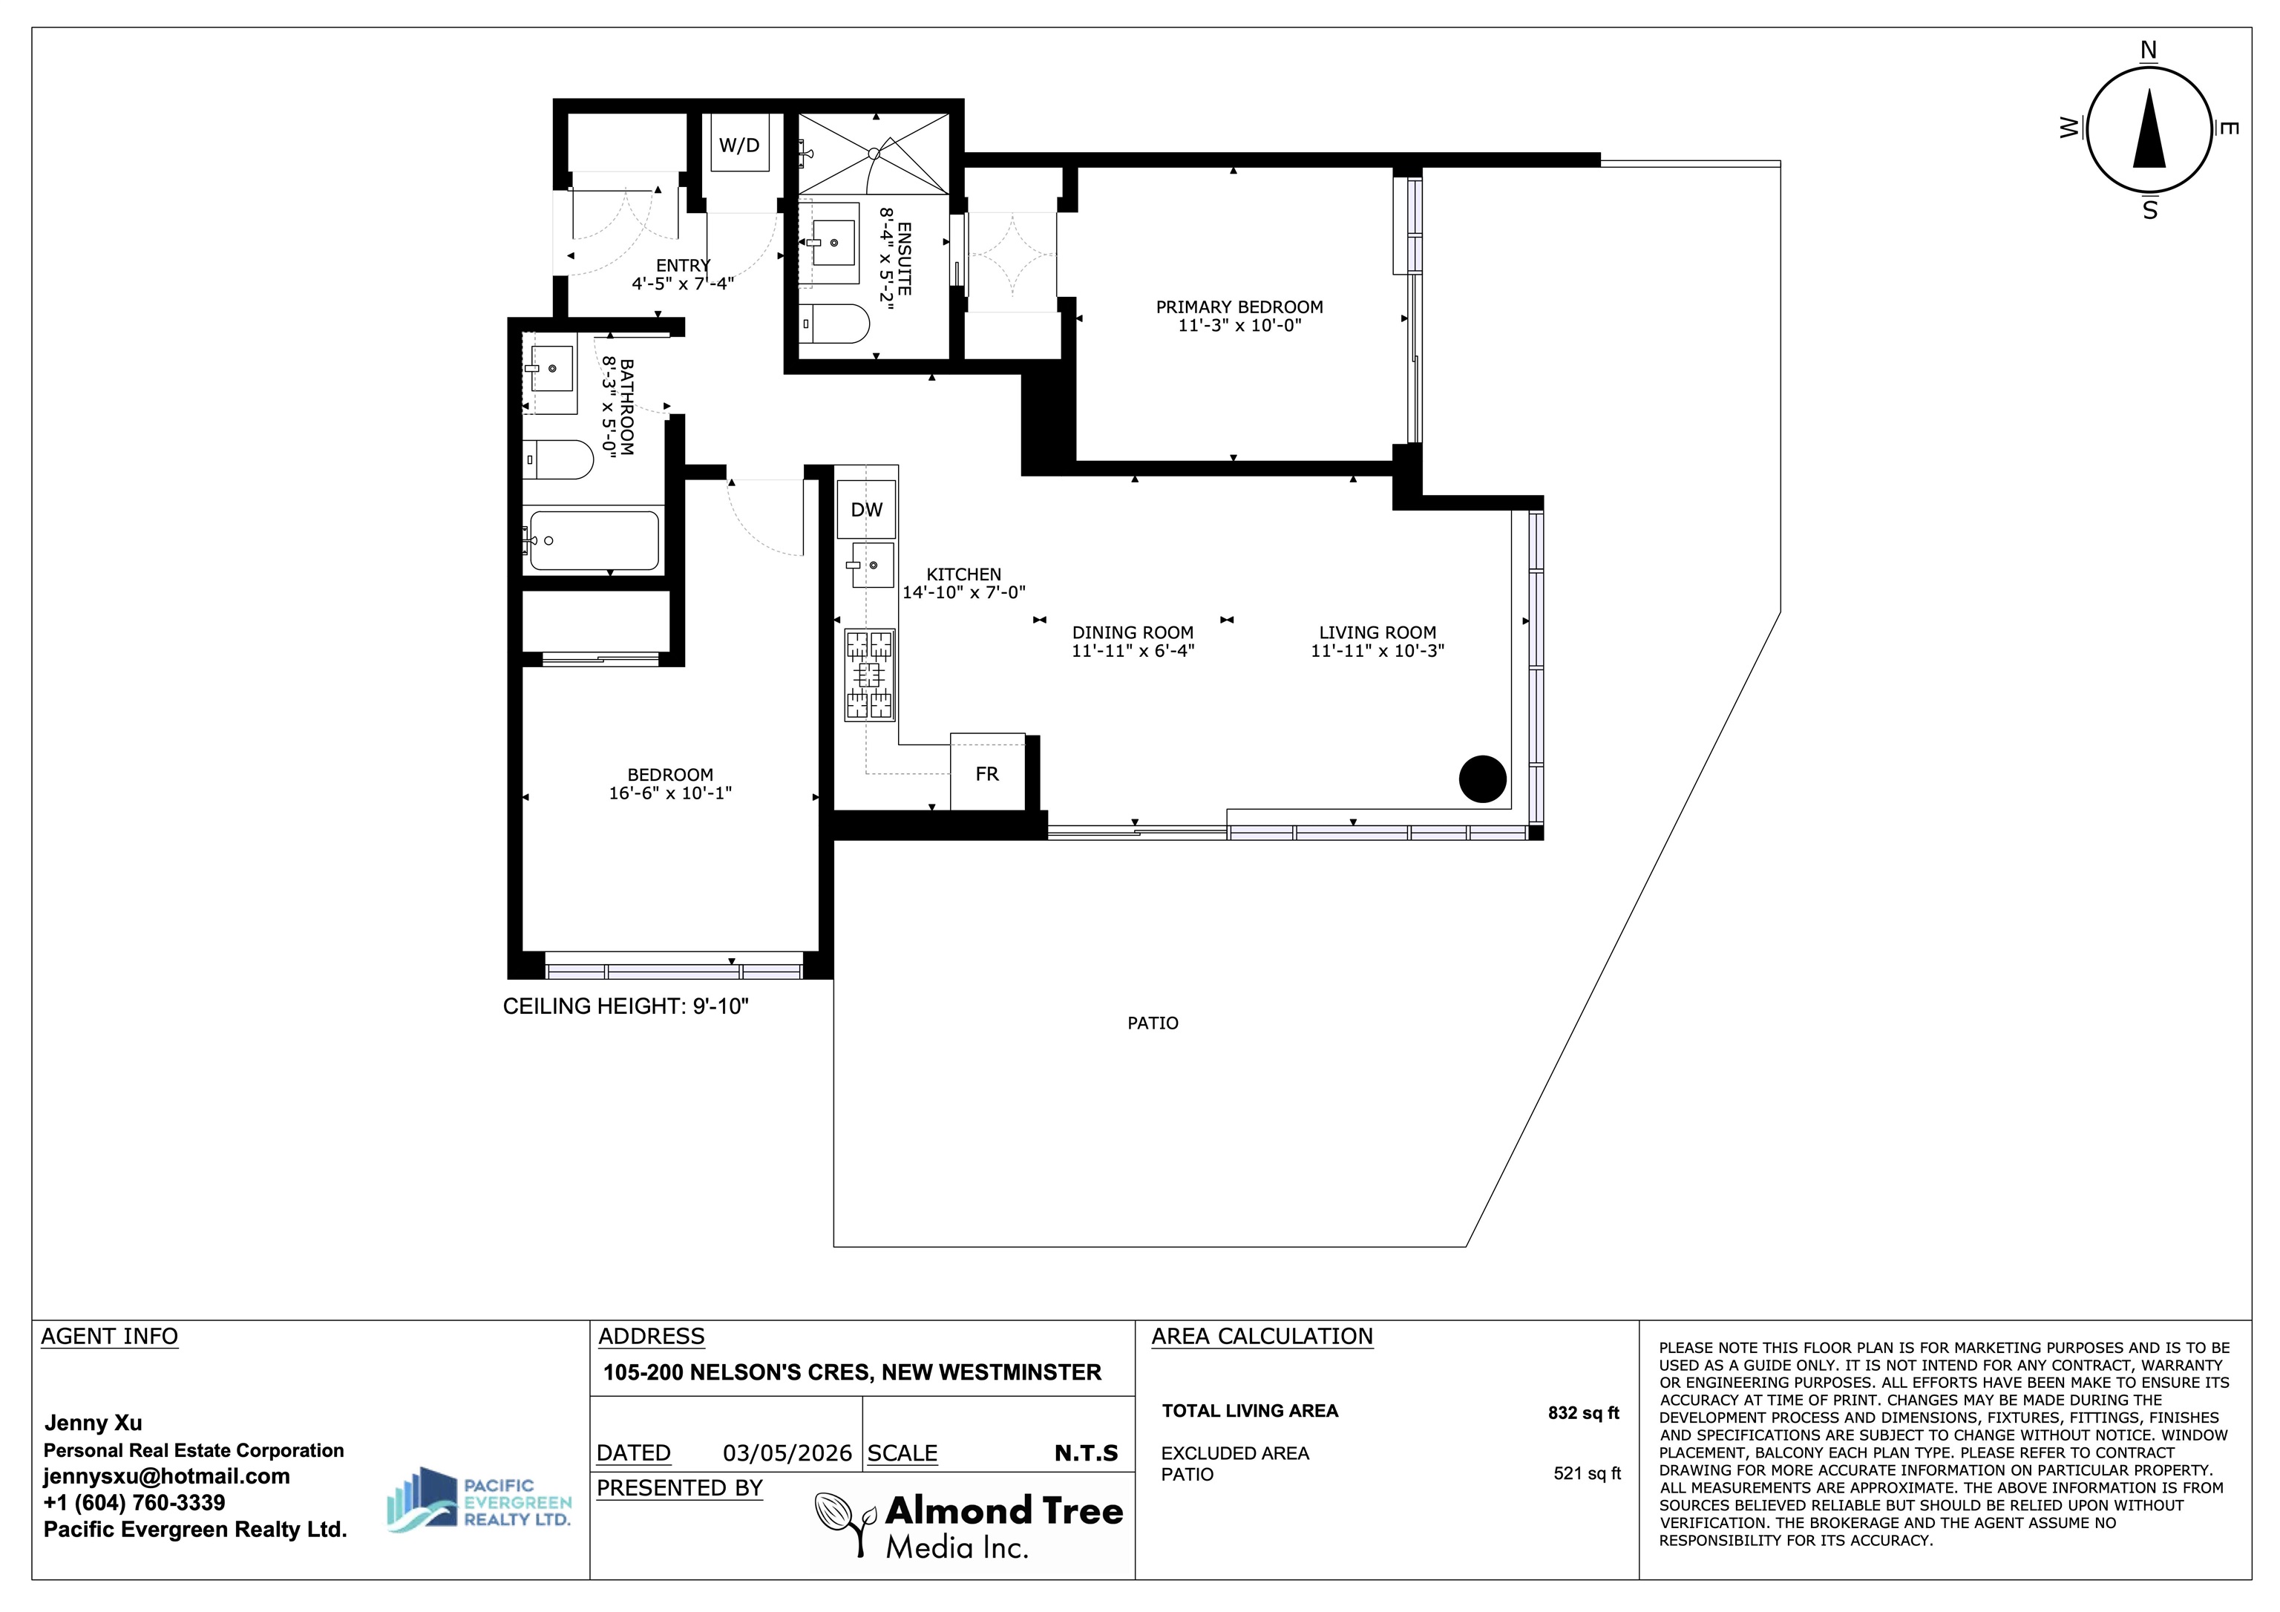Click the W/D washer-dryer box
(740, 145)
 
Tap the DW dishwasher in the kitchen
(867, 510)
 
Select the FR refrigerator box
(987, 773)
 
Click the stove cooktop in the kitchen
(869, 675)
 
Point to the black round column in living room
(1483, 779)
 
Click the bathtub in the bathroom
(594, 540)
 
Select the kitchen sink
(870, 565)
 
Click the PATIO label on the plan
(1153, 1023)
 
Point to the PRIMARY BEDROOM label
(1239, 307)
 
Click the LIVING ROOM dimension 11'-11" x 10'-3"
(1377, 651)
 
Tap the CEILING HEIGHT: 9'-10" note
(626, 1006)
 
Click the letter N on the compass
(2149, 50)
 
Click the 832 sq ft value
(1584, 1412)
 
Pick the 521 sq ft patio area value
(1587, 1473)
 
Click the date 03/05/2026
(787, 1453)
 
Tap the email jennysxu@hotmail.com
(167, 1476)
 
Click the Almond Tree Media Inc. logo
(969, 1527)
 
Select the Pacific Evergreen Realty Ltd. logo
(479, 1500)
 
